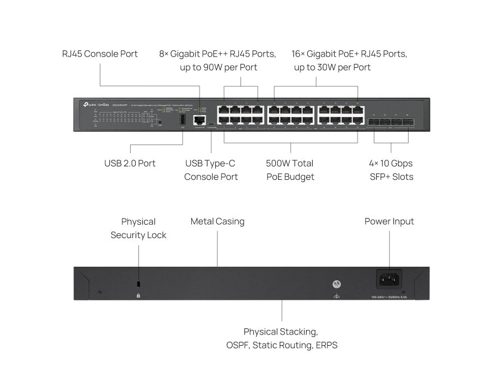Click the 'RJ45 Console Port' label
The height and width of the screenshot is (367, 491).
click(100, 54)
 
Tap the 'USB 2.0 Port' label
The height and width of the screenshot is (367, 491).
click(129, 163)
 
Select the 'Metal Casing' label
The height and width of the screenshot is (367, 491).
click(217, 221)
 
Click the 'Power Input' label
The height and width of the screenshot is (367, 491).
click(389, 221)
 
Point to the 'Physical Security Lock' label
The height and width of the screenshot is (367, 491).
click(138, 228)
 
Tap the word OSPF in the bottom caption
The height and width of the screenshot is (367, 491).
click(238, 345)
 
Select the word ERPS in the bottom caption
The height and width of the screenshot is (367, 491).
click(326, 345)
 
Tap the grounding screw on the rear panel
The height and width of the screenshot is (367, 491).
click(336, 284)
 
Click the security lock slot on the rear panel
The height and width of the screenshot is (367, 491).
click(138, 284)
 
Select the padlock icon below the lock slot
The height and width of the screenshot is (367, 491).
click(138, 295)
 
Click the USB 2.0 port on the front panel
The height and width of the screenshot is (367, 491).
click(182, 119)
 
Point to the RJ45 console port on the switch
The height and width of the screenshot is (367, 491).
click(198, 119)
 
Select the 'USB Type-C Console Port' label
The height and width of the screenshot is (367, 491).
click(211, 170)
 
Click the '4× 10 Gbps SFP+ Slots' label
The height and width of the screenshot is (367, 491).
click(391, 170)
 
